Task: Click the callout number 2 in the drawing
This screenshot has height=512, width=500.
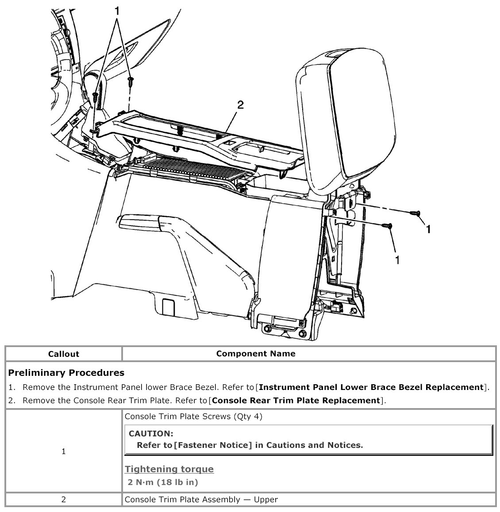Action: (x=240, y=105)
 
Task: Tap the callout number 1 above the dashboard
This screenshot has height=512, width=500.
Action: (x=117, y=11)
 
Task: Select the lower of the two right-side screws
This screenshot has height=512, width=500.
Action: (x=388, y=226)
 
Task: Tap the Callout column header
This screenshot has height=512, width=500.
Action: (x=63, y=354)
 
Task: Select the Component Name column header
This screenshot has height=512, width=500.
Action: (x=256, y=354)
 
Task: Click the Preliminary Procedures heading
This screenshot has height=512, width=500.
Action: (x=66, y=373)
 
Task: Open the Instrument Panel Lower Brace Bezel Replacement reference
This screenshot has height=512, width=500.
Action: (x=371, y=387)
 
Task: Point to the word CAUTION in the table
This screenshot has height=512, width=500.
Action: (x=151, y=434)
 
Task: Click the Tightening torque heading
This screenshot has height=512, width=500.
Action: (x=169, y=469)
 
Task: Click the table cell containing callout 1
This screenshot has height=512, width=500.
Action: (x=63, y=451)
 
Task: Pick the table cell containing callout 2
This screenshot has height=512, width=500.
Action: (x=63, y=500)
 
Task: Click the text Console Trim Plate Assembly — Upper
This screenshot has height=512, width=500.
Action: (x=201, y=500)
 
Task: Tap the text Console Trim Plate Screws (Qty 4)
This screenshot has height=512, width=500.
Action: (x=193, y=416)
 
